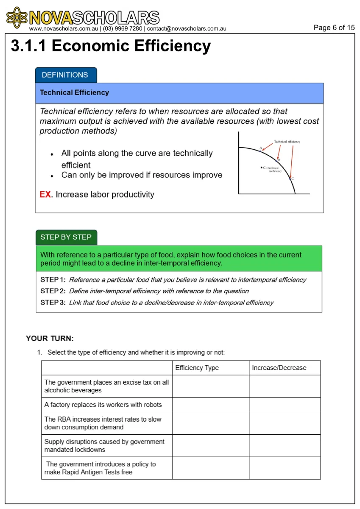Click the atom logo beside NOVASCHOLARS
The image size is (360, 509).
pyautogui.click(x=17, y=18)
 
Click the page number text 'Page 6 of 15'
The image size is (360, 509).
pyautogui.click(x=334, y=28)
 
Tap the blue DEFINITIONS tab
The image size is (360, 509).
pyautogui.click(x=65, y=75)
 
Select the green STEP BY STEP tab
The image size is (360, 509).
pyautogui.click(x=66, y=237)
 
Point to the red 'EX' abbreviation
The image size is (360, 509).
pyautogui.click(x=45, y=195)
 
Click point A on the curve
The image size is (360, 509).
pyautogui.click(x=261, y=151)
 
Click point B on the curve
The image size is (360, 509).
pyautogui.click(x=276, y=161)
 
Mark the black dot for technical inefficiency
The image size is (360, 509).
pyautogui.click(x=261, y=168)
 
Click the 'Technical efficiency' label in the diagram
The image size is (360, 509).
pyautogui.click(x=287, y=142)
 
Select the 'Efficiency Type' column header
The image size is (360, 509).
pyautogui.click(x=197, y=368)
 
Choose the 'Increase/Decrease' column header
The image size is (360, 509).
pyautogui.click(x=279, y=368)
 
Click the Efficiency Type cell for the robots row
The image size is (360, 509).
pyautogui.click(x=210, y=405)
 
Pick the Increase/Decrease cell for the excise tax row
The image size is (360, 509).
pyautogui.click(x=285, y=386)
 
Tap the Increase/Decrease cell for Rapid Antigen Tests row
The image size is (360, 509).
pyautogui.click(x=285, y=468)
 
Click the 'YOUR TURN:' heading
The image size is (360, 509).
pyautogui.click(x=50, y=338)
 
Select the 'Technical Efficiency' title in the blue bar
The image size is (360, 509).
pyautogui.click(x=74, y=92)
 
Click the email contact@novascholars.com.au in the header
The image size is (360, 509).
pyautogui.click(x=187, y=29)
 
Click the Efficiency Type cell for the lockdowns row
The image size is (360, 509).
pyautogui.click(x=210, y=445)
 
